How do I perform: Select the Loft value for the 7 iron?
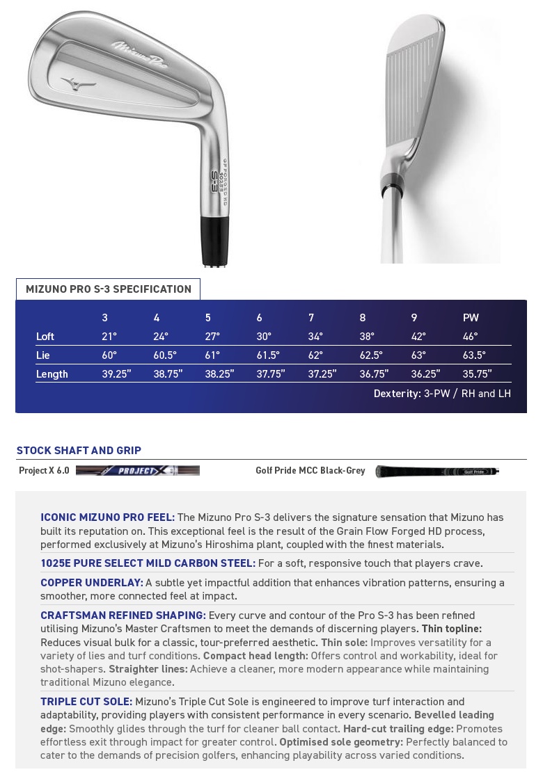pos(315,337)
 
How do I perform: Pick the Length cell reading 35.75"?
pos(477,374)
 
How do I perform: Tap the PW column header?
pos(471,318)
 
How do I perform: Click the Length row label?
pos(52,374)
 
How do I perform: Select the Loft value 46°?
pos(470,337)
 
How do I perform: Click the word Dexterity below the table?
pos(397,394)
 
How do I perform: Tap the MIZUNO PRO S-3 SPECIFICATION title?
pos(109,289)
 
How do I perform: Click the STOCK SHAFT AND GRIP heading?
pos(79,451)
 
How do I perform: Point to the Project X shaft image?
pos(138,471)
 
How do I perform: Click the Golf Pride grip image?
pos(437,472)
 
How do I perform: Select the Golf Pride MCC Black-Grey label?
pos(310,471)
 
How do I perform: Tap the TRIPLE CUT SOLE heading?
pos(86,702)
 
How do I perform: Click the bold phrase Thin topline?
pos(451,629)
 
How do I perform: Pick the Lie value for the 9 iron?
pos(418,355)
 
